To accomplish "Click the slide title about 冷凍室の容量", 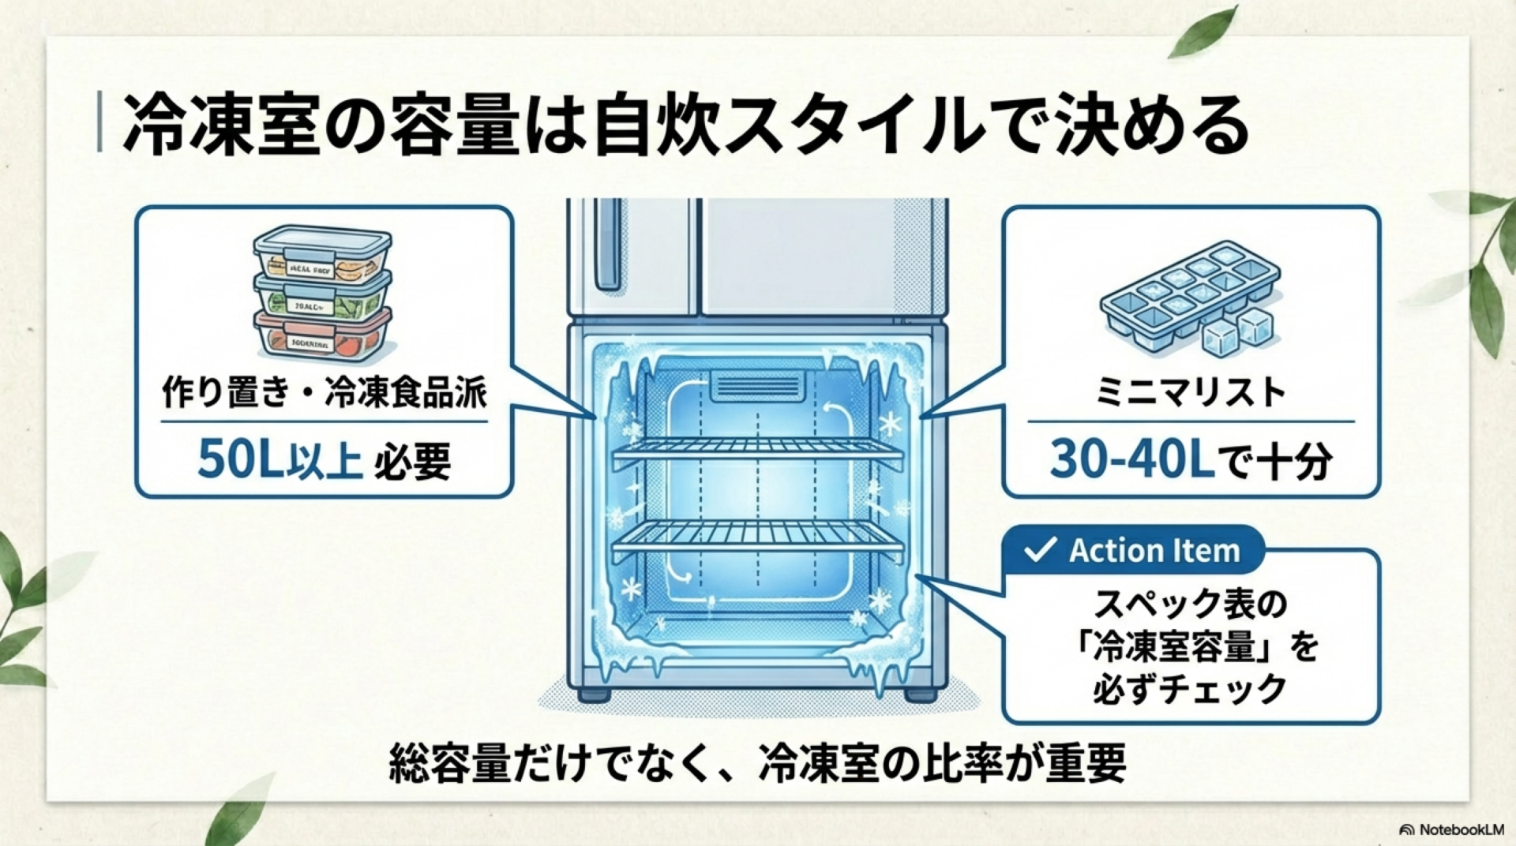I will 685,125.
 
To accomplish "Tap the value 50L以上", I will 279,460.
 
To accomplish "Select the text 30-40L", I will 1131,460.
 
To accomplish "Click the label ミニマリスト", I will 1190,392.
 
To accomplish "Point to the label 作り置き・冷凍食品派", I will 324,392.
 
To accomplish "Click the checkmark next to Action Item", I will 1039,550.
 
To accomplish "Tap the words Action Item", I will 1154,551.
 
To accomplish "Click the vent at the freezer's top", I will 756,387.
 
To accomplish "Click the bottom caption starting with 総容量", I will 757,762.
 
